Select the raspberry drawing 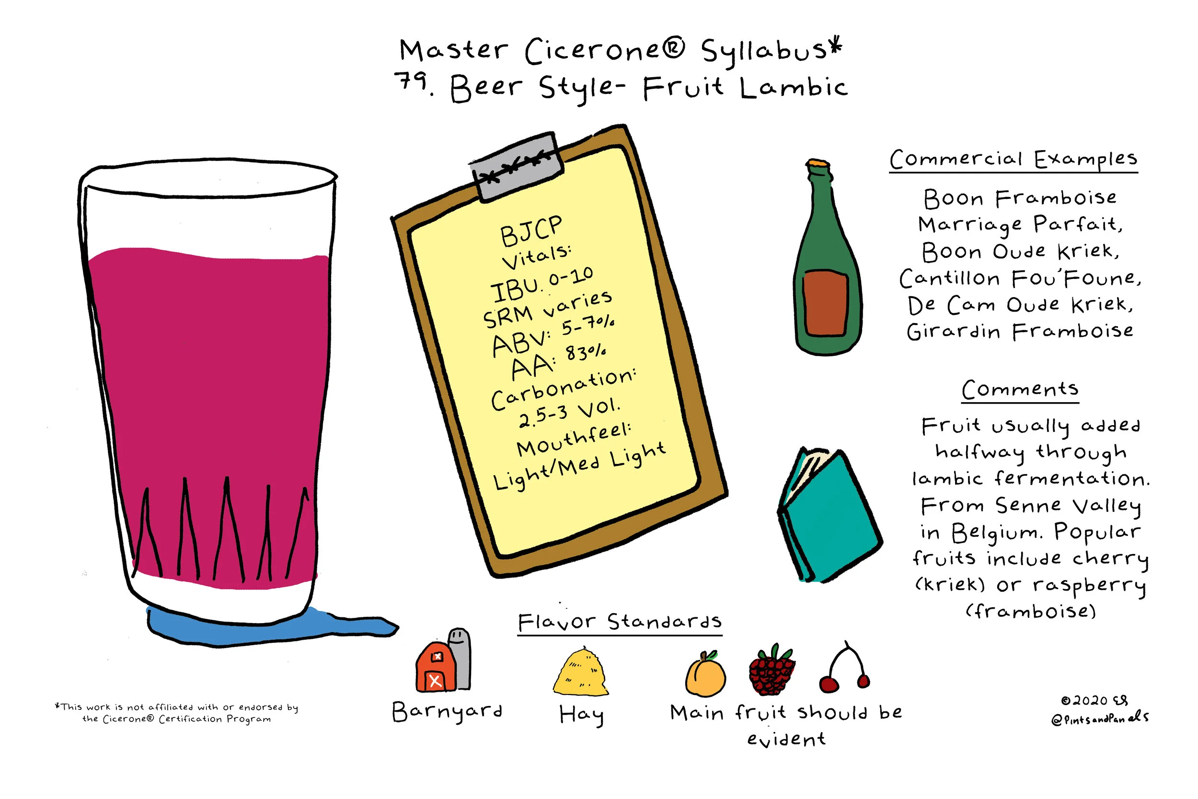[x=772, y=670]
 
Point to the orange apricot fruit [x=705, y=675]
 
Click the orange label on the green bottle [x=825, y=303]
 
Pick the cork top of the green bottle [x=818, y=163]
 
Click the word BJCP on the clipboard [x=531, y=231]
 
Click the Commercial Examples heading [x=1013, y=160]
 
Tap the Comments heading [x=1020, y=390]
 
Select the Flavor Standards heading [x=620, y=622]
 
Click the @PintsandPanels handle [x=1100, y=718]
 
